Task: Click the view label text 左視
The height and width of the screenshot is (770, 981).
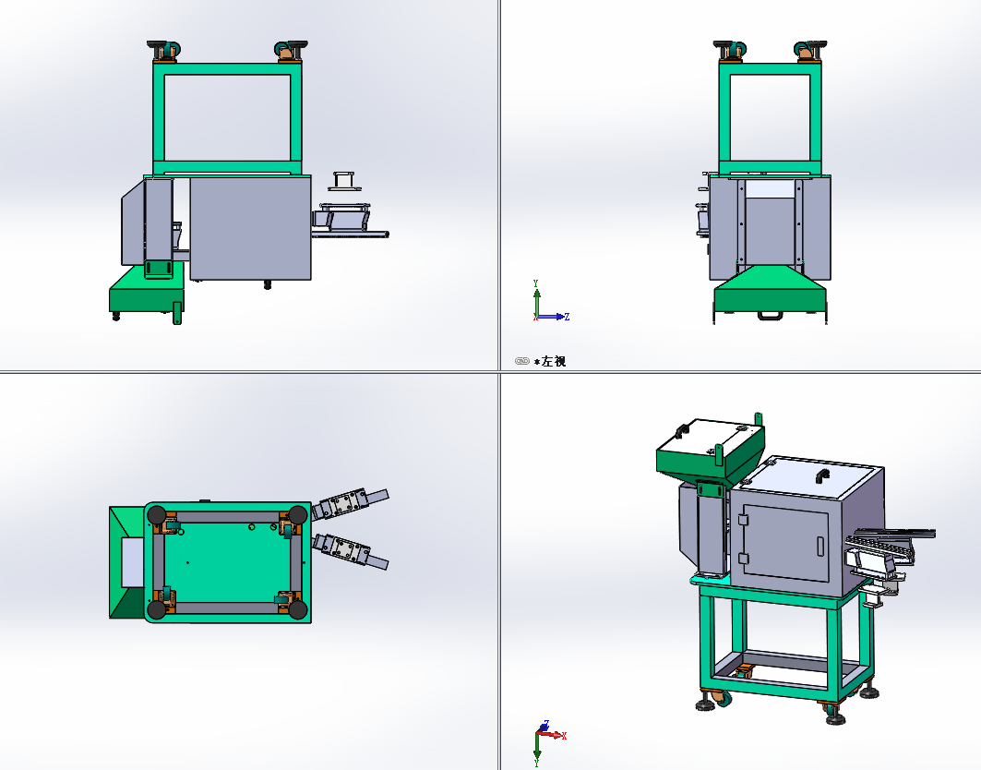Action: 554,361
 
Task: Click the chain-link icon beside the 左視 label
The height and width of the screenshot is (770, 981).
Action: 521,361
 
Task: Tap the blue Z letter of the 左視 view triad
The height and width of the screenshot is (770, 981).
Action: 567,317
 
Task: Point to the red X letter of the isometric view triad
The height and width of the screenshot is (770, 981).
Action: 564,736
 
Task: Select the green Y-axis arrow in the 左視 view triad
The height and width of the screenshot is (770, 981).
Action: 536,299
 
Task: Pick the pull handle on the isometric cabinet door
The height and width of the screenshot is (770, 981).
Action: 820,546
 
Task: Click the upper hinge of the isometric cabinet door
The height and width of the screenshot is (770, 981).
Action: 743,520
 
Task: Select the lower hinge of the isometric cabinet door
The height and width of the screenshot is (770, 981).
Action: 743,559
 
